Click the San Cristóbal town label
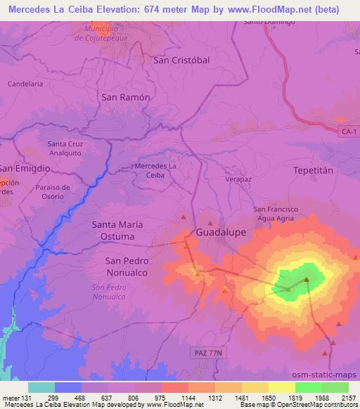181,60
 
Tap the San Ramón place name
126,98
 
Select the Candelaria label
25,83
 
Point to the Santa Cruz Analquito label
65,148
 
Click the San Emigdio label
25,169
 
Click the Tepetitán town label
311,171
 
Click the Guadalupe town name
221,231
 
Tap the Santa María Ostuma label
117,230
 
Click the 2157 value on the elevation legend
347,398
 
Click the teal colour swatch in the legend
41,387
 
